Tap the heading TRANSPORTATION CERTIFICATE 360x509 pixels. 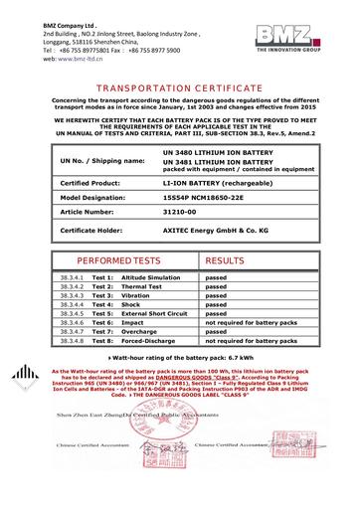click(180, 88)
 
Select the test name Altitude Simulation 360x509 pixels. click(149, 276)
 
